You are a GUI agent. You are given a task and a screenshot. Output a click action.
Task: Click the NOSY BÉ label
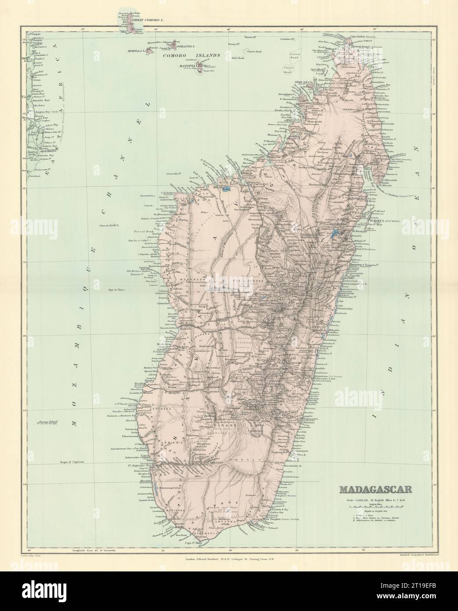[303, 82]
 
